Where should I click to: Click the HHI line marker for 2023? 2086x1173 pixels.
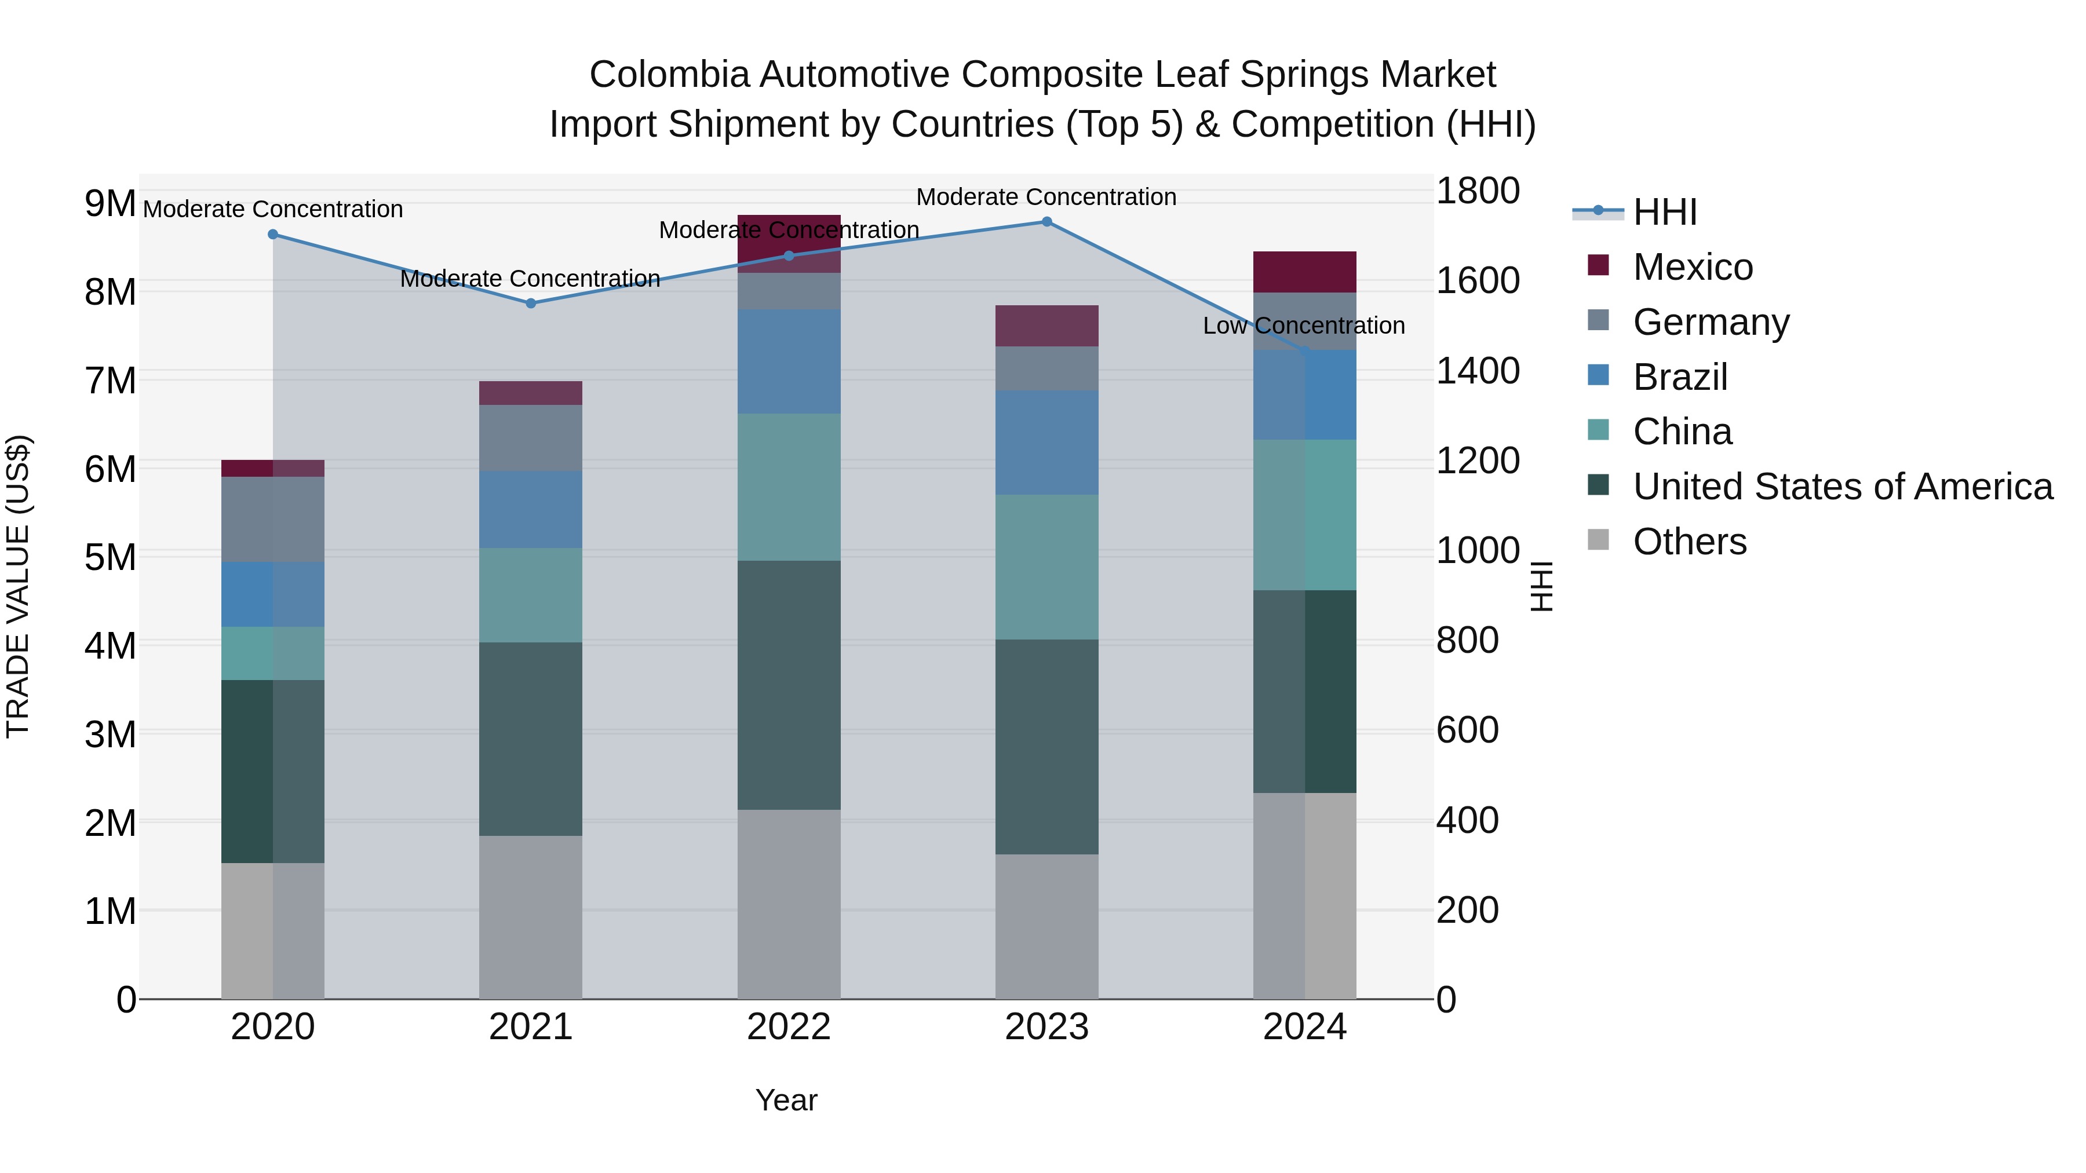coord(1046,221)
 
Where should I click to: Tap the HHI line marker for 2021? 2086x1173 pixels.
coord(530,304)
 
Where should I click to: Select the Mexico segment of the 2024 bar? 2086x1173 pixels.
coord(1304,272)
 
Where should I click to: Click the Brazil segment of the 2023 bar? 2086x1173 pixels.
coord(1046,443)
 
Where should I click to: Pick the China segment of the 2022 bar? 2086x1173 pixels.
coord(789,487)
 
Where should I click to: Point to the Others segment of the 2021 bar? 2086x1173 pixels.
coord(530,917)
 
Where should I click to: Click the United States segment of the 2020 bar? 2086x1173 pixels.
coord(272,772)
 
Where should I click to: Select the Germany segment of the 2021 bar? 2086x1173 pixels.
coord(530,438)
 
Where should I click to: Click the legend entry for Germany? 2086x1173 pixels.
coord(1711,322)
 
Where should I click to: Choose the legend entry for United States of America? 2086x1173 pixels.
coord(1842,487)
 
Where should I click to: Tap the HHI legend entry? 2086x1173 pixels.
coord(1664,212)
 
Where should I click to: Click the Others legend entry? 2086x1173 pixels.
coord(1689,542)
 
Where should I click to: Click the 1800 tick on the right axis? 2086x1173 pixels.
coord(1478,191)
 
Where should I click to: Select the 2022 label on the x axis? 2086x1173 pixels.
coord(789,1027)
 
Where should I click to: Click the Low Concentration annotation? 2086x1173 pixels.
coord(1303,326)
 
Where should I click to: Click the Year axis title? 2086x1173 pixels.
coord(786,1100)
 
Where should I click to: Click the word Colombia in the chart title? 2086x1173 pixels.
coord(669,75)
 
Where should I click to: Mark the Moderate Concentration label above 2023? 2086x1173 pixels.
coord(1046,197)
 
